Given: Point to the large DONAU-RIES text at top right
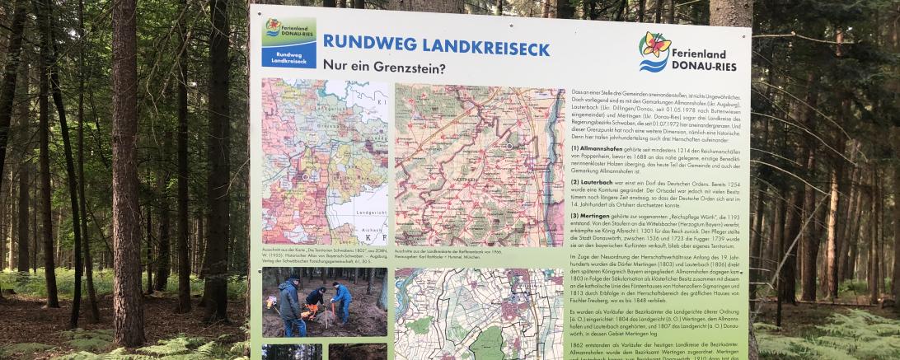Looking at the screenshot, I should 705,65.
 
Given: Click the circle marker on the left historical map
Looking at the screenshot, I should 306,177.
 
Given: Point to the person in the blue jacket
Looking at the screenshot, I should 341,302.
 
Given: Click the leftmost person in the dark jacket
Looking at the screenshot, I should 289,304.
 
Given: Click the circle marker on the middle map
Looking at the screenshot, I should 509,146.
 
